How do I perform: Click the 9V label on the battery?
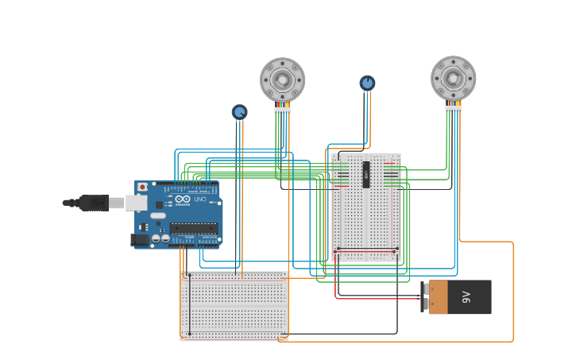(x=466, y=297)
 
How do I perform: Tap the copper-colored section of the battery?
(x=439, y=297)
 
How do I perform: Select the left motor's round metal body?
(x=282, y=79)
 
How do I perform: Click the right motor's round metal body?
(x=453, y=78)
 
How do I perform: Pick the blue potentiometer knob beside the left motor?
(x=239, y=112)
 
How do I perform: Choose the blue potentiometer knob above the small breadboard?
(x=367, y=83)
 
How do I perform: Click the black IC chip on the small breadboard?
(x=366, y=175)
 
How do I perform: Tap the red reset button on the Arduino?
(x=142, y=188)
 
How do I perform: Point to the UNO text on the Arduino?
(x=199, y=199)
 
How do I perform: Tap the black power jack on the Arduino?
(x=140, y=238)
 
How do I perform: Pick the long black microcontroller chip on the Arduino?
(x=193, y=228)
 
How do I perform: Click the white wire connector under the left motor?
(x=282, y=110)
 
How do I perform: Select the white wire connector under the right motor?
(x=453, y=108)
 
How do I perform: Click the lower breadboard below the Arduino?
(x=234, y=306)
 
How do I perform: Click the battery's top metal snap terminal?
(x=425, y=288)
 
